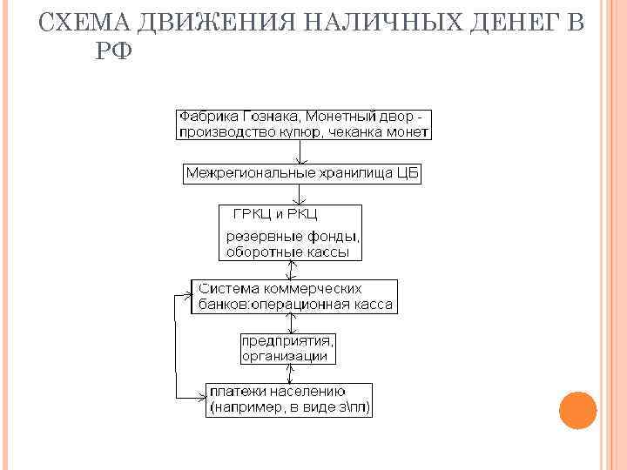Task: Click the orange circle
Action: tap(576, 410)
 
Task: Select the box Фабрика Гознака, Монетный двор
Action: tap(304, 124)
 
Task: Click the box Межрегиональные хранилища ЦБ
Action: tap(302, 173)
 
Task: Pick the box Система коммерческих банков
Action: tap(294, 297)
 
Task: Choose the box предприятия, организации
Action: tap(288, 347)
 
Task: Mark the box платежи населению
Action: tap(289, 399)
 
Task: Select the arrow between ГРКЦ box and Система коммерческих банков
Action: tap(297, 270)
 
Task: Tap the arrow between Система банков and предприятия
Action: tap(297, 323)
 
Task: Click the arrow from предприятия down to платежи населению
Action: tap(297, 373)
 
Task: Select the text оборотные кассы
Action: tap(287, 252)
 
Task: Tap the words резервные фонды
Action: tap(293, 236)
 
